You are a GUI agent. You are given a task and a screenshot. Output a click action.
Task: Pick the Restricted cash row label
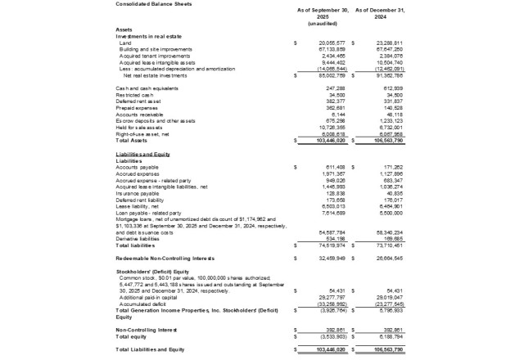(x=133, y=94)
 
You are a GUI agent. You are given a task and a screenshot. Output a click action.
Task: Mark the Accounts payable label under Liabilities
(x=138, y=166)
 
